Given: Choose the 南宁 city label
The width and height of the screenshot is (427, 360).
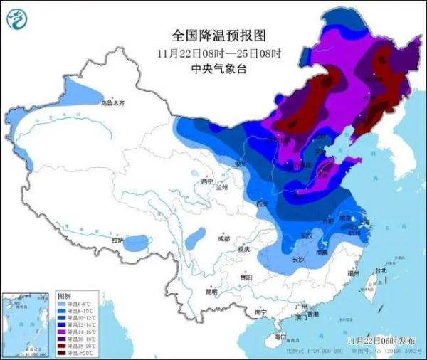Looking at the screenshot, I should (x=260, y=312).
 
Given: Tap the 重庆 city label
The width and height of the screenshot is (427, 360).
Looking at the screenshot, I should (x=246, y=250).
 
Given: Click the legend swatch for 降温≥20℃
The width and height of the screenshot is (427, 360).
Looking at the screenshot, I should (x=63, y=352).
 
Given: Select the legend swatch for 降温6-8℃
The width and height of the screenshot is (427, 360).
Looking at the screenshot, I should (x=63, y=302).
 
